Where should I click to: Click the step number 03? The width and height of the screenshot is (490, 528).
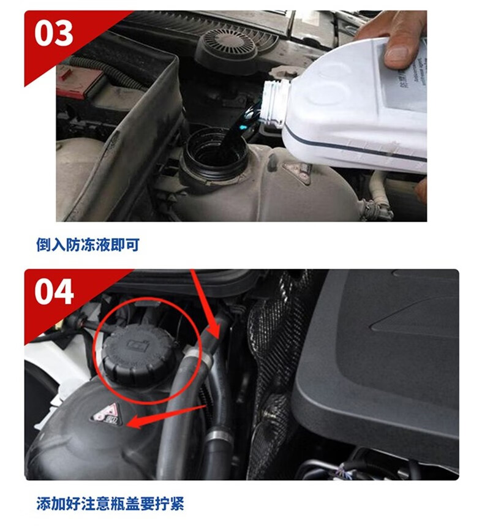[54, 34]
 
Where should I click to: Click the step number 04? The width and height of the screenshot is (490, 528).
[54, 292]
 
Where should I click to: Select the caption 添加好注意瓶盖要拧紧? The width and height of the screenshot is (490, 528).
[110, 504]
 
